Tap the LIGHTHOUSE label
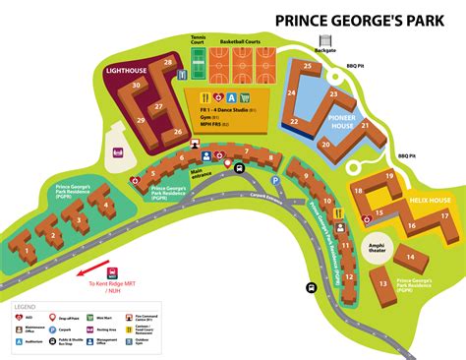pos(128,71)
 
